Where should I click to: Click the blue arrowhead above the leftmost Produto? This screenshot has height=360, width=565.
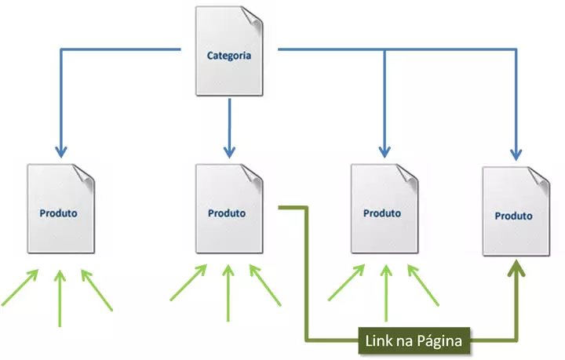pos(59,148)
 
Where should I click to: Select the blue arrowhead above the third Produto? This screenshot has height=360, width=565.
pos(384,148)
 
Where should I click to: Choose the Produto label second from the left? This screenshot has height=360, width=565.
pos(227,213)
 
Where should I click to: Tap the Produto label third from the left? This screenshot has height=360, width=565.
pos(382,213)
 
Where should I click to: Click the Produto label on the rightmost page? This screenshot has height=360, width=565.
pos(514,216)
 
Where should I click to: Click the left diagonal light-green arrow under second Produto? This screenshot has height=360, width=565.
pos(189,283)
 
